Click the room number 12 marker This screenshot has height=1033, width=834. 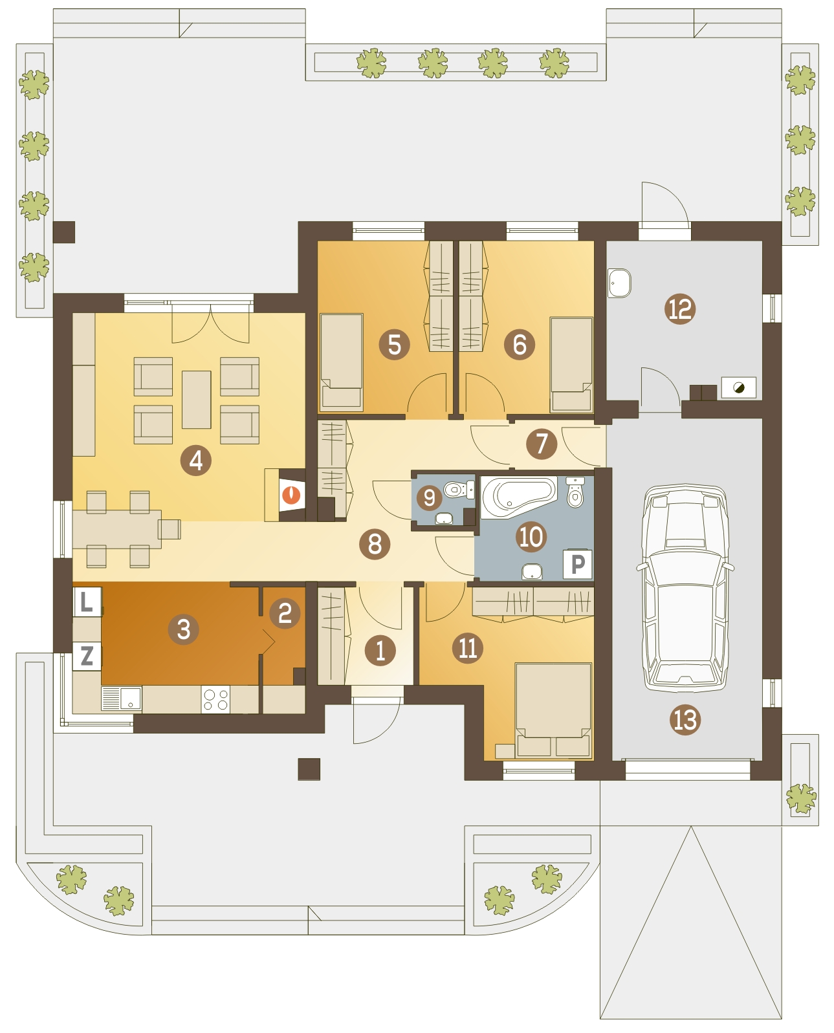click(679, 309)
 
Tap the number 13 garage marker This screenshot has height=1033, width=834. click(685, 719)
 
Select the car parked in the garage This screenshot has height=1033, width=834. click(685, 587)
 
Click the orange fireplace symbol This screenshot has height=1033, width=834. click(291, 495)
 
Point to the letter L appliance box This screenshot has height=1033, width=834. click(87, 602)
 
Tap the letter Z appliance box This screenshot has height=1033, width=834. click(87, 656)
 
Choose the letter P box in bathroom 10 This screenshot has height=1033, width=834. click(577, 563)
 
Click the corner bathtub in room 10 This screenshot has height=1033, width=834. click(518, 497)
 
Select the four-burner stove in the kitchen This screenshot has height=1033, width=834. click(215, 699)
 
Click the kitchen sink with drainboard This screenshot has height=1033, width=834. click(121, 699)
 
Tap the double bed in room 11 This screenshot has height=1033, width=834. click(553, 710)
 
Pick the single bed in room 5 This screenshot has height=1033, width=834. click(342, 362)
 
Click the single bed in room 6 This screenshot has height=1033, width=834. click(571, 364)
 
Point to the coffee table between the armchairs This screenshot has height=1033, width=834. click(196, 400)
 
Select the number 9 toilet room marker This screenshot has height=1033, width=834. click(429, 497)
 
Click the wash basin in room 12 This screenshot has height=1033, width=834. click(619, 283)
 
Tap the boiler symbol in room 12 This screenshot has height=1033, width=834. click(738, 387)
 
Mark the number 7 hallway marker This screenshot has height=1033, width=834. click(541, 443)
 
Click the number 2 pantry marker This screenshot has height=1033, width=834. click(284, 613)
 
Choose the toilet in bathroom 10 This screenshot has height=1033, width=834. click(575, 492)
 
